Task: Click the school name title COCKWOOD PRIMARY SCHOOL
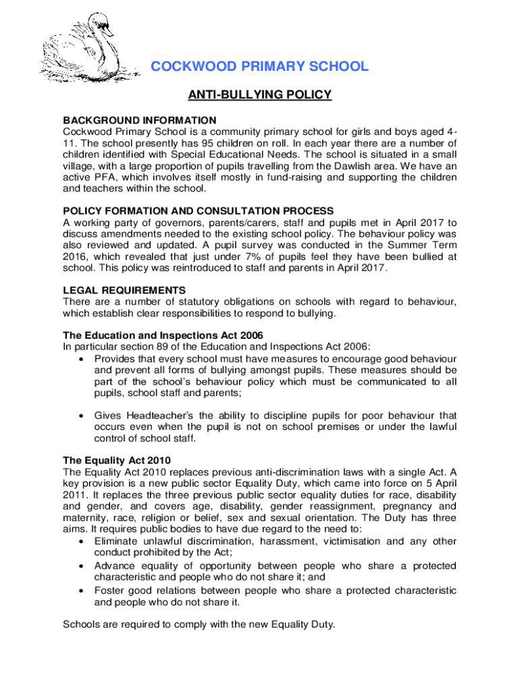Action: pyautogui.click(x=259, y=67)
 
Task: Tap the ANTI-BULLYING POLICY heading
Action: pyautogui.click(x=259, y=95)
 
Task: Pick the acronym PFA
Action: pyautogui.click(x=107, y=178)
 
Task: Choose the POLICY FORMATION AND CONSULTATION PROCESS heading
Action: pyautogui.click(x=198, y=211)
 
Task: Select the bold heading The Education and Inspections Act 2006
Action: pyautogui.click(x=163, y=335)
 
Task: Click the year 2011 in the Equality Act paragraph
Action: pyautogui.click(x=75, y=495)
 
